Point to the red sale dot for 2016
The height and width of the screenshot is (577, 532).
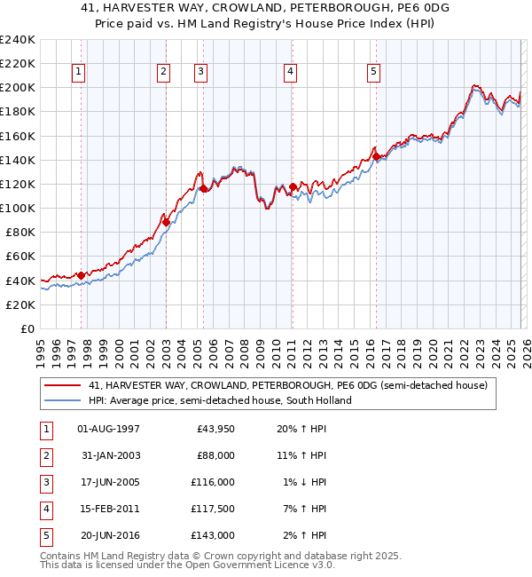point(376,156)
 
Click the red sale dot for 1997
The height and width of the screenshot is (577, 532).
point(81,275)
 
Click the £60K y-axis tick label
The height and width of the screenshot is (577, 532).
point(20,257)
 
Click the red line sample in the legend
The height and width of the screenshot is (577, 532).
point(63,386)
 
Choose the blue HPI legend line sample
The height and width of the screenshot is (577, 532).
point(63,400)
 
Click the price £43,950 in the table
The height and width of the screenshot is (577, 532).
point(215,429)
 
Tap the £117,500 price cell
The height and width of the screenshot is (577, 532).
point(213,509)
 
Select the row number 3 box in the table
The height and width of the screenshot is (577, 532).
point(45,482)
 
